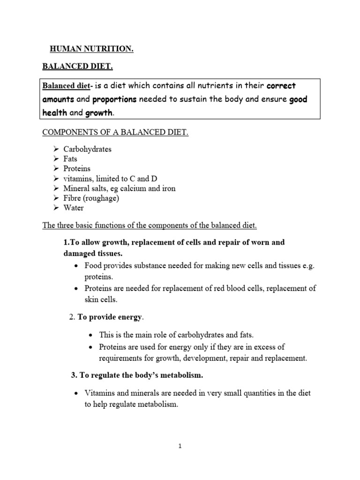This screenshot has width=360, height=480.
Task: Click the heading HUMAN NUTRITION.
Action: (92, 50)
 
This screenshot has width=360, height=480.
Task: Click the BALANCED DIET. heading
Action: (78, 67)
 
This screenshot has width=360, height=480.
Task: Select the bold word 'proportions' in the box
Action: (114, 100)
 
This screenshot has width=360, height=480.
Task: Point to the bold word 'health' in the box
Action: (55, 113)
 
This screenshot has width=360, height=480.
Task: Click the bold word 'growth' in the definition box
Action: (99, 113)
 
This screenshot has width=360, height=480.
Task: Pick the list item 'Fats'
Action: (71, 159)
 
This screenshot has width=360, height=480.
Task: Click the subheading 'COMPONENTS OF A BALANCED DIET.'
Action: (115, 133)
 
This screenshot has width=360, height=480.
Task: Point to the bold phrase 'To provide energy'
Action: (109, 317)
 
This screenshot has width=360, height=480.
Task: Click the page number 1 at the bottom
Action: (180, 446)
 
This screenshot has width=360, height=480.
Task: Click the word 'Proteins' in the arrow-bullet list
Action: (77, 168)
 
